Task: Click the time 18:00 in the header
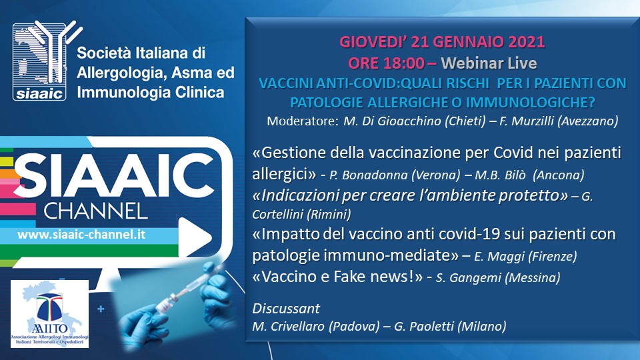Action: pyautogui.click(x=404, y=63)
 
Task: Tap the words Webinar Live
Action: pyautogui.click(x=489, y=63)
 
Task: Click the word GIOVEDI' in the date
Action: pyautogui.click(x=373, y=42)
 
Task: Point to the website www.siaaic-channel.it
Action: pyautogui.click(x=81, y=235)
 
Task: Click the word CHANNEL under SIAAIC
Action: pyautogui.click(x=96, y=211)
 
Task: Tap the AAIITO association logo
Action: pyautogui.click(x=49, y=314)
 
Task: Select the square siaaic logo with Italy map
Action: pyautogui.click(x=39, y=62)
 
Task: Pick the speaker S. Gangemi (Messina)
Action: pyautogui.click(x=498, y=278)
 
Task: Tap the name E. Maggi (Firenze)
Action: pyautogui.click(x=525, y=256)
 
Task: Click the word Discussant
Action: pyautogui.click(x=286, y=309)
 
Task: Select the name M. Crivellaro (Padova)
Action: pyautogui.click(x=316, y=327)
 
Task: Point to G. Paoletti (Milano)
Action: pyautogui.click(x=450, y=327)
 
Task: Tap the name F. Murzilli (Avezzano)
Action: pyautogui.click(x=559, y=121)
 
